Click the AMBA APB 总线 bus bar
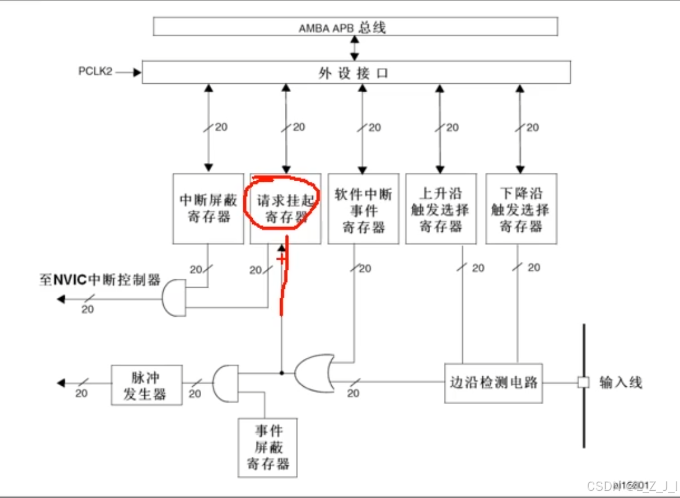[355, 27]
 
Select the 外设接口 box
[356, 73]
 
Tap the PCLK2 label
[95, 71]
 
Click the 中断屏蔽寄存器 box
[208, 208]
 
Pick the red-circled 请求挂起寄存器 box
[285, 208]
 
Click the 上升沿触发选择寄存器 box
[440, 208]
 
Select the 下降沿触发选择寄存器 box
[520, 208]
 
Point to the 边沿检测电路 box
[493, 382]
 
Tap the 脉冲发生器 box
[147, 386]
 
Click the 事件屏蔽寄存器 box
[267, 447]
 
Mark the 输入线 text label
[621, 382]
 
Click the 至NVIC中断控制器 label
[100, 280]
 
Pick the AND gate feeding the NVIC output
[173, 297]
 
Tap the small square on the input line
[584, 382]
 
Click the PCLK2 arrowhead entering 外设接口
[138, 73]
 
